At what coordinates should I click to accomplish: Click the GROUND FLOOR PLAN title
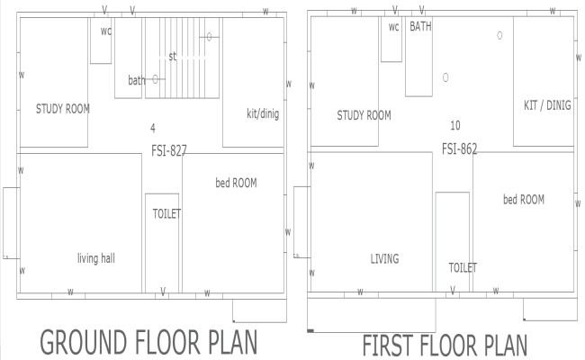(148, 344)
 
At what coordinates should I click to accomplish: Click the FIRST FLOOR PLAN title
(444, 346)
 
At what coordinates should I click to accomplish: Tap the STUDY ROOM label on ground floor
(63, 109)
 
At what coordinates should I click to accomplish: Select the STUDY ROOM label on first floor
(364, 115)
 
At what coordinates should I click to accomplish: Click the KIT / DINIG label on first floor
(547, 105)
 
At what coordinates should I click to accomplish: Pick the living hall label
(96, 258)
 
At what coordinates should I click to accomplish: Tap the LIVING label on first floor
(384, 259)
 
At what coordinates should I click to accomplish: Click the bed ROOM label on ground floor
(236, 183)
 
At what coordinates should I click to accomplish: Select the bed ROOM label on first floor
(523, 199)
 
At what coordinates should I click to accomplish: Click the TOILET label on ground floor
(166, 213)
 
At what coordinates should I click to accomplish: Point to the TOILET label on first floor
(463, 267)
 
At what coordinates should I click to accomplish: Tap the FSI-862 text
(459, 148)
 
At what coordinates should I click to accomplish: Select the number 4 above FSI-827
(153, 128)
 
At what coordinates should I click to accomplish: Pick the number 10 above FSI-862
(454, 125)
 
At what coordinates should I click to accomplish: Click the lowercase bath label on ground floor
(136, 80)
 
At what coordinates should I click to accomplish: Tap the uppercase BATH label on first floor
(420, 27)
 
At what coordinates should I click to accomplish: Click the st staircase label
(172, 56)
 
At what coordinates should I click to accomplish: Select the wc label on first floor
(393, 27)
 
